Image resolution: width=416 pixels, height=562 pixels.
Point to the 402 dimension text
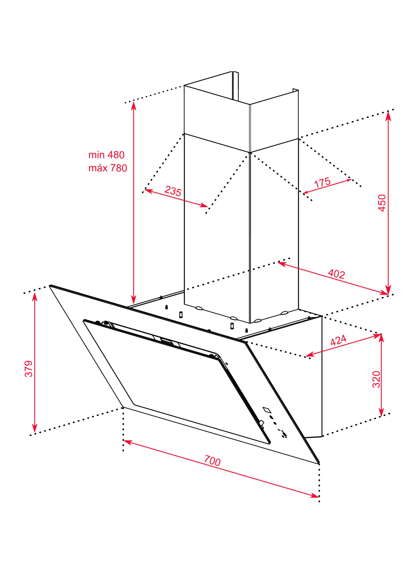(x=336, y=274)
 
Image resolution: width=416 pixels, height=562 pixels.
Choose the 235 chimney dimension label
(x=173, y=191)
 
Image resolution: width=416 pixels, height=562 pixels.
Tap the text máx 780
(x=108, y=168)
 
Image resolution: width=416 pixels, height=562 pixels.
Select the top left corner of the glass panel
(x=50, y=286)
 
